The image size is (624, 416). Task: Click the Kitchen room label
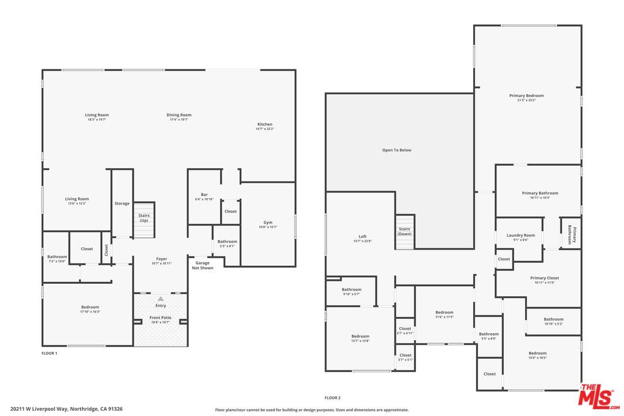(265, 125)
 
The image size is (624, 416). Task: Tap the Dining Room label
(180, 115)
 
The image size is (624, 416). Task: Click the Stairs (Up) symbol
(144, 220)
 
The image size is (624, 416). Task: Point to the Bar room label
(204, 195)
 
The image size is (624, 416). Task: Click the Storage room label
(122, 203)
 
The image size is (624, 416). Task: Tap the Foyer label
(161, 259)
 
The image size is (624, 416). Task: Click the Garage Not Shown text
(202, 265)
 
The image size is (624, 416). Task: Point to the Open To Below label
(397, 150)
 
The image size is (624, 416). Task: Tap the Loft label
(362, 236)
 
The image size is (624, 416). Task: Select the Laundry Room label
(521, 235)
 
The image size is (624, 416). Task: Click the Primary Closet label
(544, 278)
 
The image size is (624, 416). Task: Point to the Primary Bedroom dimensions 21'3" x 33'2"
(526, 100)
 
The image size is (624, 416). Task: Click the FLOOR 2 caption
(332, 398)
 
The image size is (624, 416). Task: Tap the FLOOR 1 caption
(49, 352)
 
